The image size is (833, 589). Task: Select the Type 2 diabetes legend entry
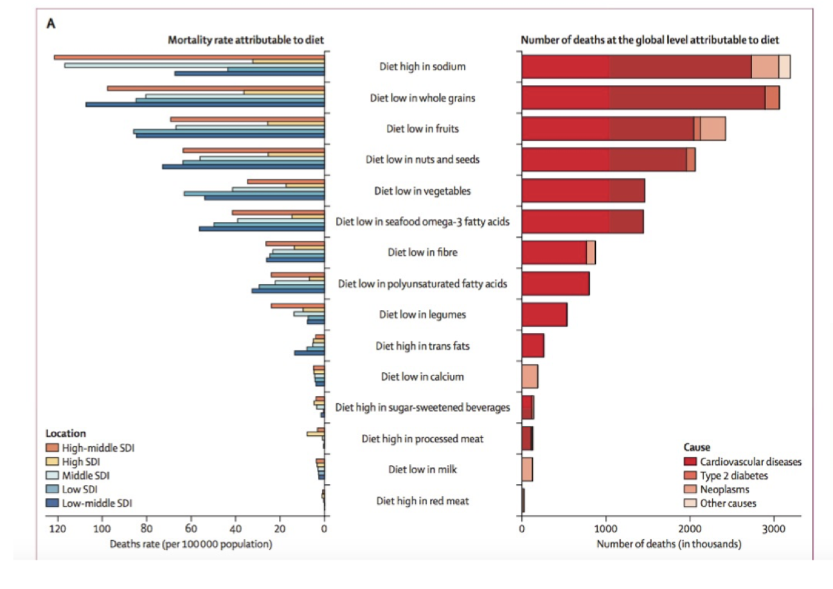pos(733,476)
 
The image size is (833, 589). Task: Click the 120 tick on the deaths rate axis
pos(57,529)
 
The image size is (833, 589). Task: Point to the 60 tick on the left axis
pos(190,529)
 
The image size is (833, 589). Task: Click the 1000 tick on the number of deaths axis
pos(605,529)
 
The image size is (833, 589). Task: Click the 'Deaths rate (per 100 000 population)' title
pos(191,545)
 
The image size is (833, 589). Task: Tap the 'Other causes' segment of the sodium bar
pos(784,66)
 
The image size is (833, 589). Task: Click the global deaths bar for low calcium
pos(530,376)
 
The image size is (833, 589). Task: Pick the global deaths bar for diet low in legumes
pos(544,314)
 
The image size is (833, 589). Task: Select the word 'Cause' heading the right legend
pos(696,447)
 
